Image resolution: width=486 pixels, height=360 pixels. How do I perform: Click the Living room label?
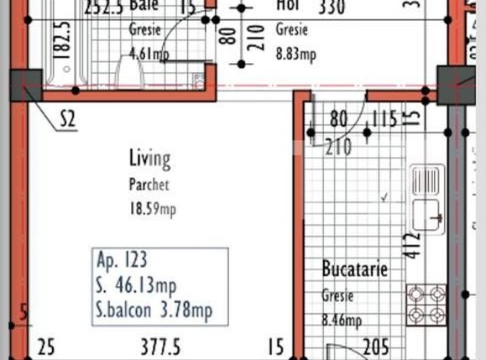click(x=149, y=158)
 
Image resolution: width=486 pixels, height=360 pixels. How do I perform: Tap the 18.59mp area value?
click(x=152, y=209)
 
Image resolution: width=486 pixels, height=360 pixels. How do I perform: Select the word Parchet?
click(x=149, y=185)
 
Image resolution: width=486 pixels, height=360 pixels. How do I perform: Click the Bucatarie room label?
click(x=355, y=269)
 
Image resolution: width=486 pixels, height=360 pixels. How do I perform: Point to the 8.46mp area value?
click(x=342, y=319)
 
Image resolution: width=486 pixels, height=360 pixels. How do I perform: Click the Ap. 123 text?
click(x=122, y=260)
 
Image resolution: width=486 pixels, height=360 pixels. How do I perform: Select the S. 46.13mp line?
click(x=137, y=285)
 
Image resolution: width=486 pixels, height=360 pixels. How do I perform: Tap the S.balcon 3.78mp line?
click(x=154, y=310)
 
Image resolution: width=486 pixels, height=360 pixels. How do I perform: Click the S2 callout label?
click(x=68, y=120)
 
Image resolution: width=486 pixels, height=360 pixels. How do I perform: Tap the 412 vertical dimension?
click(x=410, y=245)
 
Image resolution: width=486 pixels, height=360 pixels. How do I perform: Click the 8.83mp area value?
click(x=295, y=55)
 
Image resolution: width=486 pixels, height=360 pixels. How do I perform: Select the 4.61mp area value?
click(x=149, y=55)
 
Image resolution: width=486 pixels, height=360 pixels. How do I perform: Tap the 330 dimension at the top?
click(x=333, y=8)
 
